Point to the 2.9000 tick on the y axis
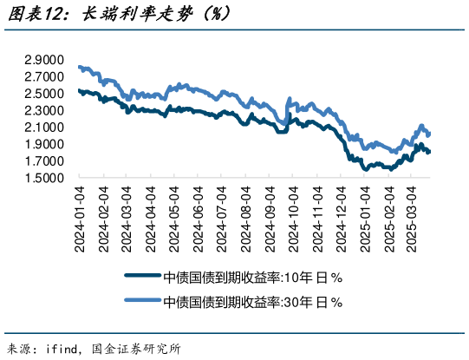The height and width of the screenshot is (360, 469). click(43, 61)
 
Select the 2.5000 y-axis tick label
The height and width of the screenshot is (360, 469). click(43, 95)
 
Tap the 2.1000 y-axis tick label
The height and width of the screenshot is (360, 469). click(43, 128)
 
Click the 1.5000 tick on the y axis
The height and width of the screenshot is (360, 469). click(43, 179)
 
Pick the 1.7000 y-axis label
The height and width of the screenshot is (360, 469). click(43, 162)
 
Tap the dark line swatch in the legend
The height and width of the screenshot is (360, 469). click(143, 278)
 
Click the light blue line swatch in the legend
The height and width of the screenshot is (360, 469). click(143, 302)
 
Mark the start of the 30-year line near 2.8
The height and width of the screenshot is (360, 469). click(80, 67)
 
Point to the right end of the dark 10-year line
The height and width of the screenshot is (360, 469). click(429, 153)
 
